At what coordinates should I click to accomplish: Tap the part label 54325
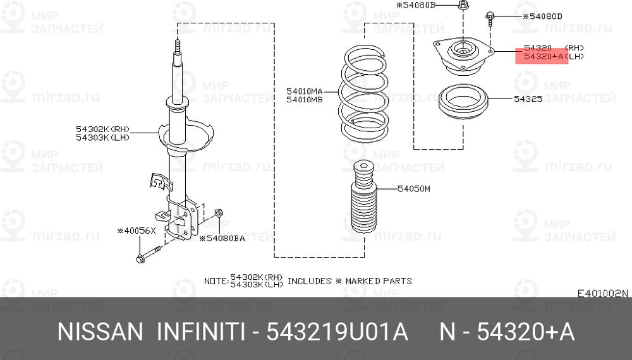pyautogui.click(x=528, y=99)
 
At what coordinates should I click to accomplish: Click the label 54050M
pyautogui.click(x=414, y=188)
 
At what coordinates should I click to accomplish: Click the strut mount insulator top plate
pyautogui.click(x=463, y=56)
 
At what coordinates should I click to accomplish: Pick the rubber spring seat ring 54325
pyautogui.click(x=463, y=101)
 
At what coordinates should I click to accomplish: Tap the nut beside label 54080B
pyautogui.click(x=463, y=6)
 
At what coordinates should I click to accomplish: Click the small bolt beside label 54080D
pyautogui.click(x=490, y=19)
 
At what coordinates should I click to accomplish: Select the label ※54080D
pyautogui.click(x=542, y=16)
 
